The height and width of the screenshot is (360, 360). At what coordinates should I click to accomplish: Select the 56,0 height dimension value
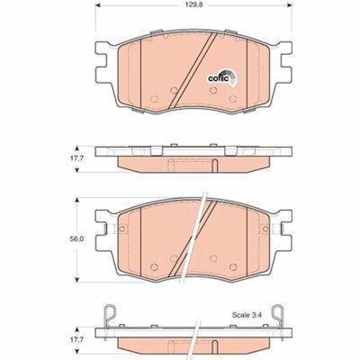tap(79, 241)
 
